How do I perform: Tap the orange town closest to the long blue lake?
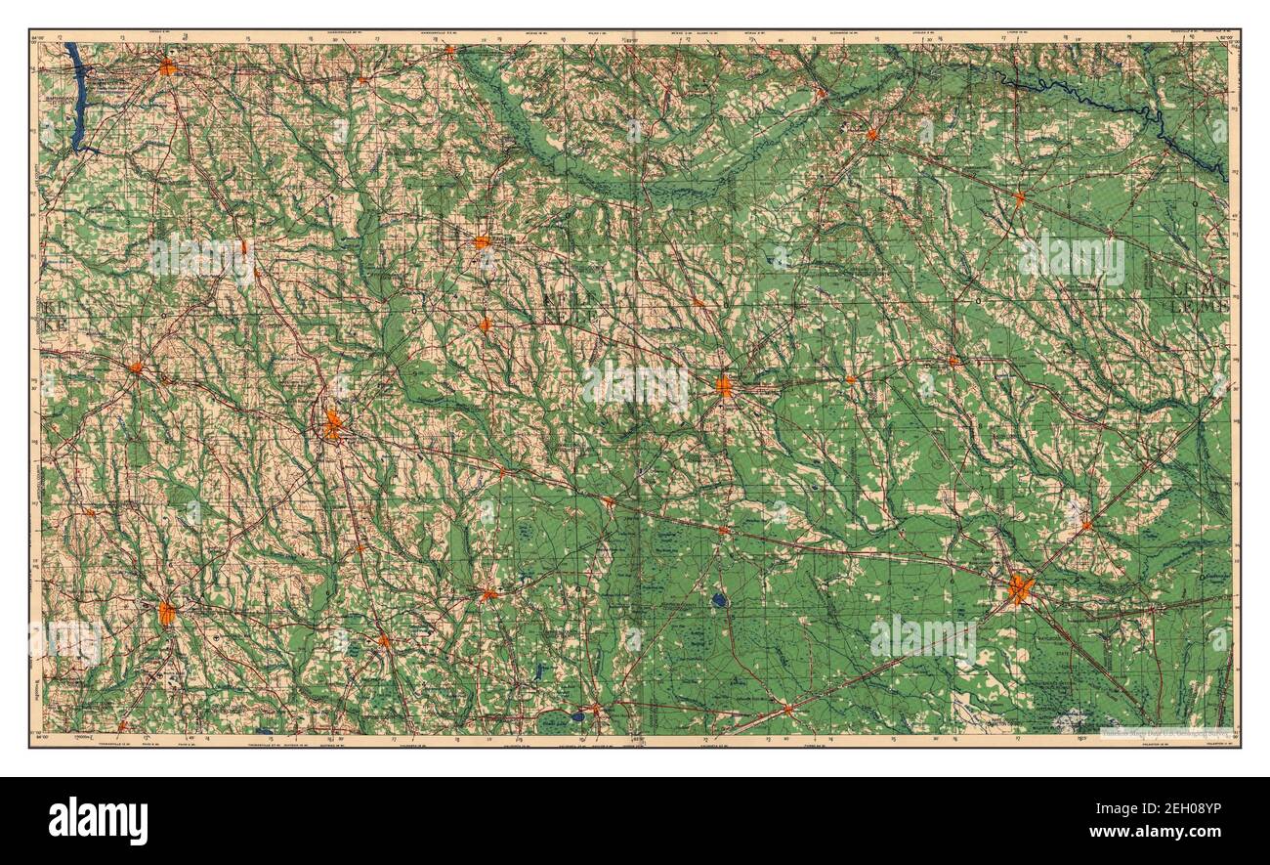tap(167, 67)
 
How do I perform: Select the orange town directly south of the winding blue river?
tap(1019, 197)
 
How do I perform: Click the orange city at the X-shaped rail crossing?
tap(1020, 588)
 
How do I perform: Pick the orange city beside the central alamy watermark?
tap(723, 386)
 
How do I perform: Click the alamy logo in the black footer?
tap(98, 820)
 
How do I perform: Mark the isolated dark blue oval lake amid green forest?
tap(720, 600)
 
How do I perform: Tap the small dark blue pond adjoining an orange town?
tap(579, 716)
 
